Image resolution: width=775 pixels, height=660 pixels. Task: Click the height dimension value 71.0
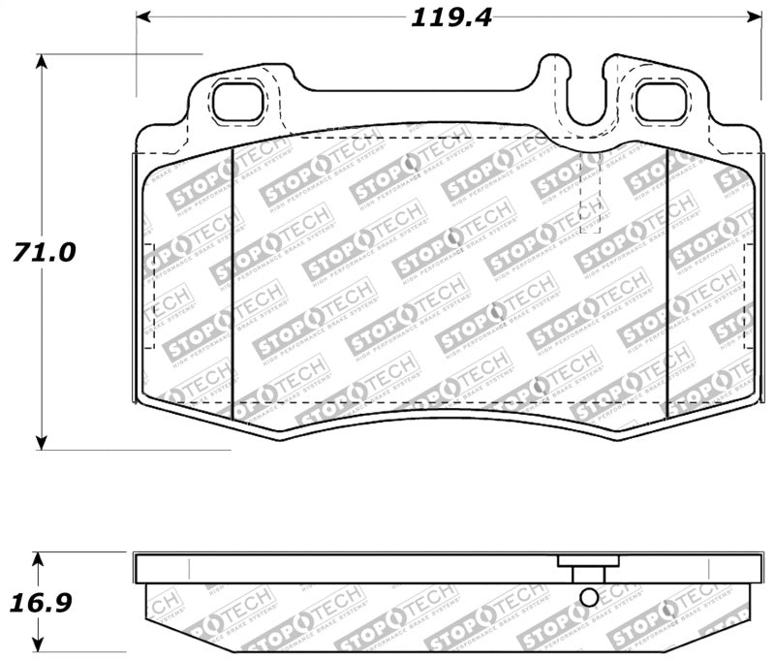click(43, 252)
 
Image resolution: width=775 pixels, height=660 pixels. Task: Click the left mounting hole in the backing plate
click(235, 102)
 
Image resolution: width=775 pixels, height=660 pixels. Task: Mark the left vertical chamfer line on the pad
click(234, 281)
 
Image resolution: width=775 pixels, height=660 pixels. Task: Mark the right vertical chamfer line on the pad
click(668, 281)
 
